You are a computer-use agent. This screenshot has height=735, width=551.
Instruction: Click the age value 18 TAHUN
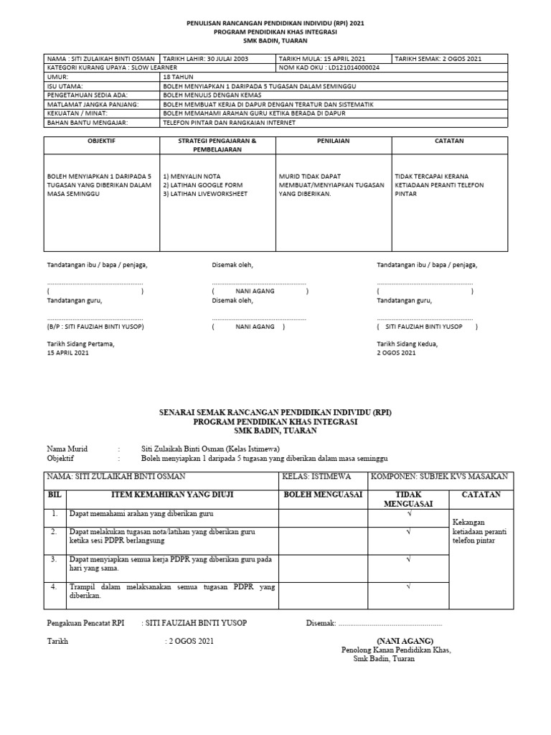point(179,76)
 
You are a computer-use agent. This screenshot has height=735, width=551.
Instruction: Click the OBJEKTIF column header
point(101,141)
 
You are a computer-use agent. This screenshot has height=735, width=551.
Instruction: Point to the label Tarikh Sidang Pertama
point(80,343)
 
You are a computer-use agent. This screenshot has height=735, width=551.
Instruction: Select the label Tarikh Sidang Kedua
point(407,343)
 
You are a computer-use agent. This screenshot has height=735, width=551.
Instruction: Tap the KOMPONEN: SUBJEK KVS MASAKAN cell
point(438,477)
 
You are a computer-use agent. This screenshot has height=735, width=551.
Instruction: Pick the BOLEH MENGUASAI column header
point(323,495)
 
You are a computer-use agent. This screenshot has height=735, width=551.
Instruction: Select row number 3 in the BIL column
point(54,558)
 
